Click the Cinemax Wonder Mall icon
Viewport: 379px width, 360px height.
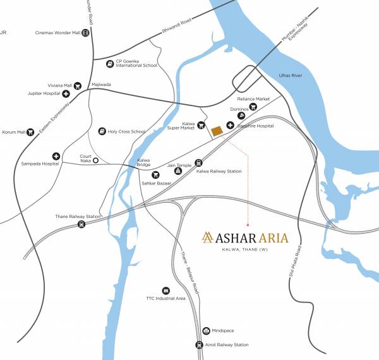click(85, 32)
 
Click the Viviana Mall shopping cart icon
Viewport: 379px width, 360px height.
click(78, 85)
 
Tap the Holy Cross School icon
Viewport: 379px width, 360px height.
click(102, 131)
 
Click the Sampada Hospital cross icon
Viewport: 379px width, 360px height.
click(56, 156)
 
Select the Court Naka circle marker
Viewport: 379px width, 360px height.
click(95, 161)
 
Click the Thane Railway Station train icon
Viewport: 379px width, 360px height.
click(81, 224)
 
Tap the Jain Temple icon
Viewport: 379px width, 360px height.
click(179, 171)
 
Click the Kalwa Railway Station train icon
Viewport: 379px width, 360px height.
click(198, 162)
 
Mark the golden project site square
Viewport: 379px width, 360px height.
click(217, 131)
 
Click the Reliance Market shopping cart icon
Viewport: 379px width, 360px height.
click(253, 107)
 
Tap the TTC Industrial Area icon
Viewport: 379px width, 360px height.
click(166, 289)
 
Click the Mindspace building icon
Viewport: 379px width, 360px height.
click(206, 331)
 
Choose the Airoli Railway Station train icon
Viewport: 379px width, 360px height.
click(200, 344)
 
